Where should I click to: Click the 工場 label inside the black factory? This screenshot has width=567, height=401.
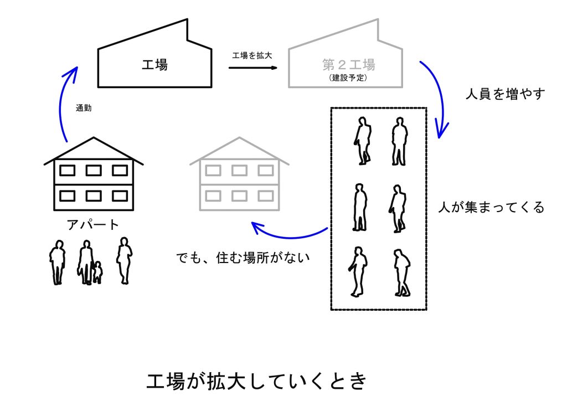point(154,65)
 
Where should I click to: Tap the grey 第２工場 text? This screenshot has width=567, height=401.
point(348,65)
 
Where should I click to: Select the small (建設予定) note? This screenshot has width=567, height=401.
point(348,78)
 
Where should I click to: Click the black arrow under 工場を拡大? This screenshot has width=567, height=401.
point(252,68)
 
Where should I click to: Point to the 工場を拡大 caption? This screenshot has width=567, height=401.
point(252,55)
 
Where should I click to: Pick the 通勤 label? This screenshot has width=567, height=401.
point(84,109)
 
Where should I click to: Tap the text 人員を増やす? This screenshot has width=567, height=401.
point(506,94)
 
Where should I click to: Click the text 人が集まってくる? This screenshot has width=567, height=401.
point(491,208)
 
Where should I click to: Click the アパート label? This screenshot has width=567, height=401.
point(92,225)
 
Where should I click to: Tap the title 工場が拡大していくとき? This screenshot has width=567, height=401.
point(256,382)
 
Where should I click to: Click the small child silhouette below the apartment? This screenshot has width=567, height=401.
point(97,273)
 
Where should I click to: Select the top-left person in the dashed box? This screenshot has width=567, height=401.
point(363,141)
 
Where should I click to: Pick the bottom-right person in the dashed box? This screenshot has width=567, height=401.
point(402,273)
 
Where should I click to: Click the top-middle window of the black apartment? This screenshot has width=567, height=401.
point(93,170)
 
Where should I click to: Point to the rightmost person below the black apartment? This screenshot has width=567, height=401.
point(124,260)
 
